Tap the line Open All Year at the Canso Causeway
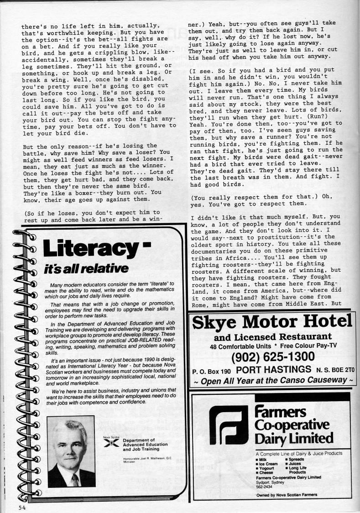(x=272, y=380)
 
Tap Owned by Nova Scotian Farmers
(x=286, y=495)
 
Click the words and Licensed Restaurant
(x=272, y=338)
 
